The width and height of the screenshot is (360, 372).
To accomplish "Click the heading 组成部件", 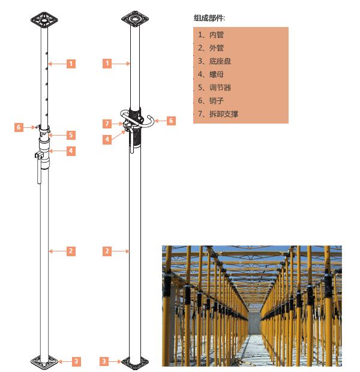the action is coord(209,18).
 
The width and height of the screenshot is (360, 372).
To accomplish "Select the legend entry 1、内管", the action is coord(211,35).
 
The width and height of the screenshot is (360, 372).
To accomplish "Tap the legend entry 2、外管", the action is coord(211,48).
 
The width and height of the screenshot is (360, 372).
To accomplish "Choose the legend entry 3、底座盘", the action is coord(215,61).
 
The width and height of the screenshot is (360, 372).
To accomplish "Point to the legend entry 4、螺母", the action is coord(211,74).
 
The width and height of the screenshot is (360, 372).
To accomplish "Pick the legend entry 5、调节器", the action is coord(215,88).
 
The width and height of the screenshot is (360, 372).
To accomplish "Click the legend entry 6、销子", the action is coord(211,101).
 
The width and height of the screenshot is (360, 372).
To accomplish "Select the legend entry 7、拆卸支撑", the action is coord(218,114).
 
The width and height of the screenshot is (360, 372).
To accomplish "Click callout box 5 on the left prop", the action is coord(71,135).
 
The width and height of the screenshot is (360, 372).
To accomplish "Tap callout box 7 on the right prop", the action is coord(107,124).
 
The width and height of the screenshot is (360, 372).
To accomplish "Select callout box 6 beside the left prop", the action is coord(19,127).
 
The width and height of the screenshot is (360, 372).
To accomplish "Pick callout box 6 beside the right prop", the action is coord(171,121).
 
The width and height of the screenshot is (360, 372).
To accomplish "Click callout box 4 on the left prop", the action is coord(71,151).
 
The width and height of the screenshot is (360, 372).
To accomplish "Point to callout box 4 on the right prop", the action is coord(107,139).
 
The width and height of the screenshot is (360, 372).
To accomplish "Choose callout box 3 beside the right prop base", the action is coord(104,361).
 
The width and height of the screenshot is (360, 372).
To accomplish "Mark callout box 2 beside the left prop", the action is coord(71,251).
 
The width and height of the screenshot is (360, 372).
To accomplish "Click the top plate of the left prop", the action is coord(44,20).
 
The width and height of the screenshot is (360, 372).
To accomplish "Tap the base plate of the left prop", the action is coord(44,362).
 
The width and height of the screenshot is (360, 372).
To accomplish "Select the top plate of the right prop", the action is coord(135,18).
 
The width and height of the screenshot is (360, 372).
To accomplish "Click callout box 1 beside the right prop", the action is coord(107,64).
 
